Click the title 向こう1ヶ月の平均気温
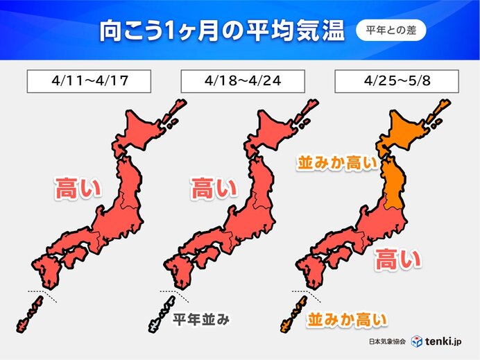[x=212, y=31]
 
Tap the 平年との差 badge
[x=391, y=31]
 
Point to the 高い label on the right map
[x=397, y=260]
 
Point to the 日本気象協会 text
[x=386, y=341]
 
